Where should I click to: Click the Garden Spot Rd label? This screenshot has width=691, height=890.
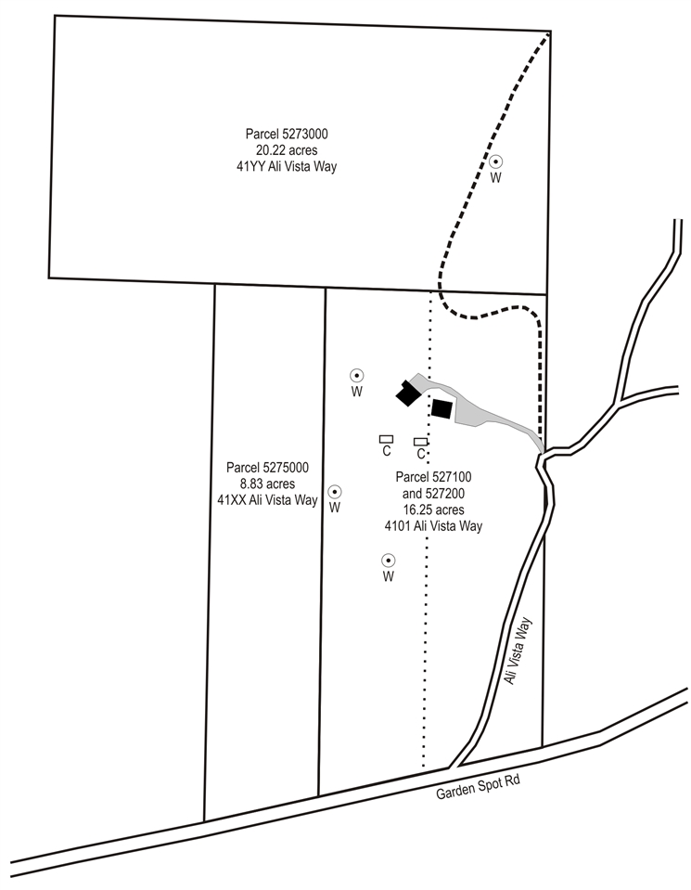(x=478, y=787)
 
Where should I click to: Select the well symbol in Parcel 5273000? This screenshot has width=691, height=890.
(x=496, y=161)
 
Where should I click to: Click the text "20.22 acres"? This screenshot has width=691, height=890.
(x=287, y=150)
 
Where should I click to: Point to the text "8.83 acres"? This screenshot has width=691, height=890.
(x=267, y=484)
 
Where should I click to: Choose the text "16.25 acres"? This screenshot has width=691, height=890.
(x=433, y=509)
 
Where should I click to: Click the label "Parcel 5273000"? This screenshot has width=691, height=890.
(x=287, y=134)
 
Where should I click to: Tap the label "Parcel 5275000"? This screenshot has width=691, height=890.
(x=267, y=467)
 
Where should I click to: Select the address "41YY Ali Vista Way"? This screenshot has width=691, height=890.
(x=287, y=167)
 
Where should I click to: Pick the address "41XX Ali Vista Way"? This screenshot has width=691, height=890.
(x=267, y=500)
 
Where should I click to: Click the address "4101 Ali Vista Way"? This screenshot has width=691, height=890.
(x=433, y=525)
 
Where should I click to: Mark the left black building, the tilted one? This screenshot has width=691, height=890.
(x=408, y=393)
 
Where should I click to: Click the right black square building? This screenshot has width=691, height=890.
(x=441, y=408)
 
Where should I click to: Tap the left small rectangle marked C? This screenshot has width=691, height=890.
(x=387, y=439)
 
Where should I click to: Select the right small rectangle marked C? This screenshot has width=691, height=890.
(x=420, y=441)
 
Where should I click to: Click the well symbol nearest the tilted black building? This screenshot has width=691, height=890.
(x=356, y=375)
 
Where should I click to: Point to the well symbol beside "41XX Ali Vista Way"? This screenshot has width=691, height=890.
(x=335, y=491)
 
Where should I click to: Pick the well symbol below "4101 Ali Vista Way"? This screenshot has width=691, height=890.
(x=388, y=561)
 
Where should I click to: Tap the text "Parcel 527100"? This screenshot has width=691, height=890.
(x=433, y=477)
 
